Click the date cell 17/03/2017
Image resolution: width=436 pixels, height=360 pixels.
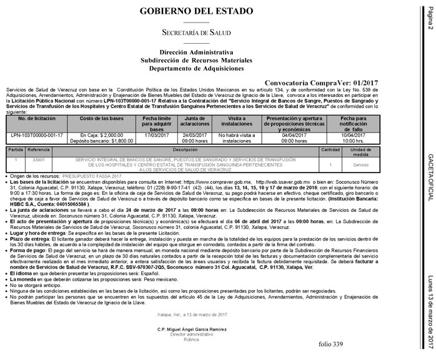(156, 135)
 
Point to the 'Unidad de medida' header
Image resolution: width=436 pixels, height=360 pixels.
(360, 152)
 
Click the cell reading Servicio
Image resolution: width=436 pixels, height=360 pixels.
(360, 165)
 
